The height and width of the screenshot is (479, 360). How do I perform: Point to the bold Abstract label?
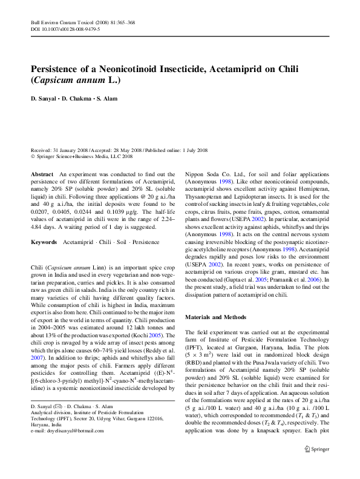42,174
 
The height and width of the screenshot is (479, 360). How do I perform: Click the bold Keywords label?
44,242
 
